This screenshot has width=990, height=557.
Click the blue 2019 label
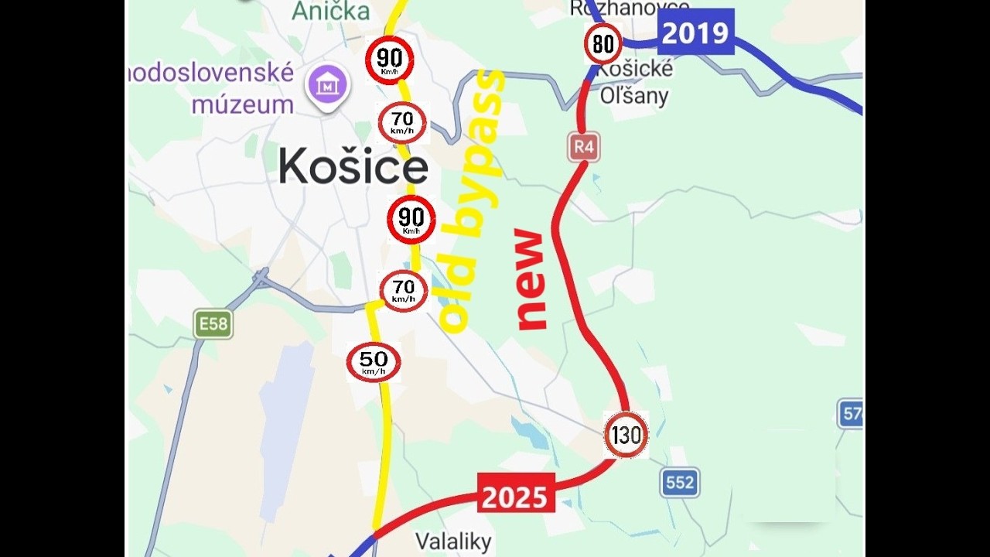pos(695,32)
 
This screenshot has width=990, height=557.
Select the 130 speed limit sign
pos(626,435)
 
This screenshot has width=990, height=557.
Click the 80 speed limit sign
pos(603,44)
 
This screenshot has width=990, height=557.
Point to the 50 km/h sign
pos(374,362)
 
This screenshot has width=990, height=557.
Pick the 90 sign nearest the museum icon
pos(390,60)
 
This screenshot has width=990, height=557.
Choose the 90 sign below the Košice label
pos(411,219)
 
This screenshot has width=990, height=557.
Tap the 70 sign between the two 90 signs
pos(402,122)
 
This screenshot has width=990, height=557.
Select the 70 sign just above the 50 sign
pos(403,291)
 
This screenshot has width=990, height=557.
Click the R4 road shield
pos(584,146)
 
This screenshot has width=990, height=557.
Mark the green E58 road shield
pos(213,323)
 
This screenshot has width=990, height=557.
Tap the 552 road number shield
pos(680,483)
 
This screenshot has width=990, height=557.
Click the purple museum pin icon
pos(329,85)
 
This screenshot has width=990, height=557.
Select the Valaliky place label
pos(453,542)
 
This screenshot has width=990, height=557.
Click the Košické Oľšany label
pos(636,82)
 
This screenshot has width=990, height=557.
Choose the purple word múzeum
pos(242,104)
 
